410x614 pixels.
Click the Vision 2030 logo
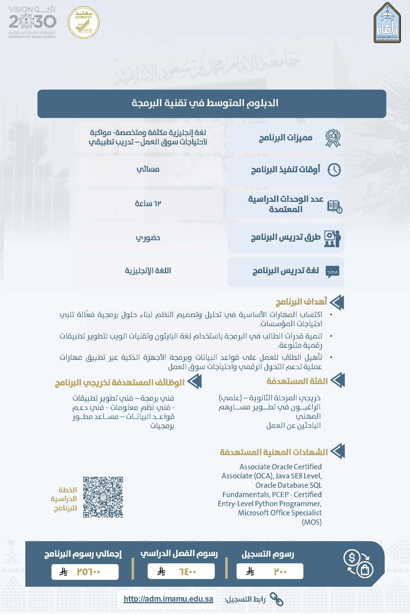[x=32, y=22]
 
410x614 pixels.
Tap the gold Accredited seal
[x=84, y=23]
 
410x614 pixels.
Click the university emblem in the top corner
[x=387, y=23]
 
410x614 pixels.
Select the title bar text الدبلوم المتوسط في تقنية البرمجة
[x=205, y=103]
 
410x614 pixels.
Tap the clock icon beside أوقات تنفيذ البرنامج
[x=334, y=170]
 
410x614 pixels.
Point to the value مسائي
[x=148, y=169]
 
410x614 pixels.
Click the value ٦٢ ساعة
[x=148, y=203]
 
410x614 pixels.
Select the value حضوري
[x=148, y=238]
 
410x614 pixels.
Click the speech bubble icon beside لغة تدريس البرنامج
[x=332, y=272]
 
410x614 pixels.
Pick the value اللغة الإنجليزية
[x=148, y=271]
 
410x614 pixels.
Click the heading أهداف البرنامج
[x=301, y=302]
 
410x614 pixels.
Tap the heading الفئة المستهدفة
[x=297, y=381]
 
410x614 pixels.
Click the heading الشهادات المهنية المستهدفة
[x=274, y=452]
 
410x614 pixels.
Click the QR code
[x=103, y=497]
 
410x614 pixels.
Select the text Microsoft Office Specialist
[x=280, y=513]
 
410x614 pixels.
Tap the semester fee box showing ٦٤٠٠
[x=181, y=571]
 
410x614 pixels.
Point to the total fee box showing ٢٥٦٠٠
[x=85, y=572]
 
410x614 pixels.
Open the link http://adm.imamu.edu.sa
[x=168, y=599]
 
